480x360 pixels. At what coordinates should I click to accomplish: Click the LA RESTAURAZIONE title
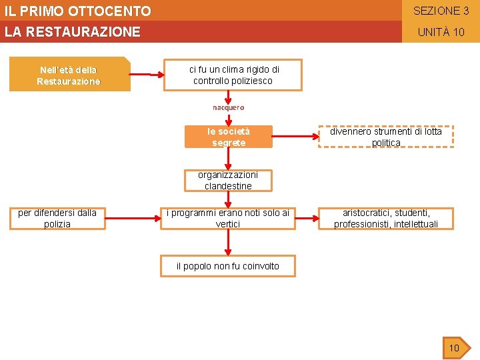(x=73, y=31)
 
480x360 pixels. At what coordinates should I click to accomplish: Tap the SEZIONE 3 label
(x=441, y=11)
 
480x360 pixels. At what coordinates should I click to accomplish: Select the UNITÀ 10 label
(x=441, y=32)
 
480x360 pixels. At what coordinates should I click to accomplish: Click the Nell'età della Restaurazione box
(x=69, y=75)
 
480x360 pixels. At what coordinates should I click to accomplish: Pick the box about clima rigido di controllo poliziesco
(x=233, y=75)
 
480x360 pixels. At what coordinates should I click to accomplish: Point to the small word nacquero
(x=229, y=107)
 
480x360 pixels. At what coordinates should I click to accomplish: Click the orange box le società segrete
(x=229, y=137)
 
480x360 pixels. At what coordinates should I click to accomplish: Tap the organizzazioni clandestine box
(x=228, y=181)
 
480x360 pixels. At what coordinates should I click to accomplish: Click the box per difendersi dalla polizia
(x=57, y=218)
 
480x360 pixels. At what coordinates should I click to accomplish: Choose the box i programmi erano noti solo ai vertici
(x=228, y=218)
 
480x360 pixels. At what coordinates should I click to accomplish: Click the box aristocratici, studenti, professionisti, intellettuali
(x=386, y=218)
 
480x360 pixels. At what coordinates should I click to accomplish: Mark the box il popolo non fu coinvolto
(x=228, y=266)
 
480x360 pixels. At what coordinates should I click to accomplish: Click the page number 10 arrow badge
(x=456, y=347)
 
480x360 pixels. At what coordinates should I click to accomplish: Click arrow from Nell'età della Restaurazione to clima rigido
(x=148, y=73)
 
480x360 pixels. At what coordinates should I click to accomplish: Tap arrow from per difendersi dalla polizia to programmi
(x=133, y=215)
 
